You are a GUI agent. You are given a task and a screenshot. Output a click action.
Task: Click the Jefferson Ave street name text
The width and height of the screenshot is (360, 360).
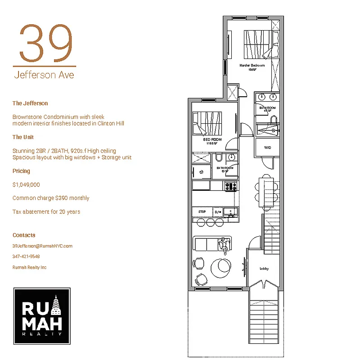click(x=44, y=74)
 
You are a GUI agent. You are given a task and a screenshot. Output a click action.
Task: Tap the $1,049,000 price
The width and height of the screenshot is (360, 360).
click(x=27, y=184)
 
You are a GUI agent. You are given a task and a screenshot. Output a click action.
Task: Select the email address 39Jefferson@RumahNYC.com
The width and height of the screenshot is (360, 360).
click(x=42, y=246)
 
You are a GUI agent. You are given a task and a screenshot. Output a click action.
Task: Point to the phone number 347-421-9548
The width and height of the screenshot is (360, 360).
click(x=26, y=256)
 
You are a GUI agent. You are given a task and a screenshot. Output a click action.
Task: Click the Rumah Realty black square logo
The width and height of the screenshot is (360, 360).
click(x=42, y=316)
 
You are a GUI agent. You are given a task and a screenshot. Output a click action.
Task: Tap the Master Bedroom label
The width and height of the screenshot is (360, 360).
click(x=252, y=66)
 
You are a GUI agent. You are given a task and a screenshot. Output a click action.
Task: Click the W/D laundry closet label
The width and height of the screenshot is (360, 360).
click(x=267, y=148)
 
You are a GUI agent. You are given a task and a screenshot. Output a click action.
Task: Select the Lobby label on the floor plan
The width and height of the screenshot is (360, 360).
click(x=264, y=269)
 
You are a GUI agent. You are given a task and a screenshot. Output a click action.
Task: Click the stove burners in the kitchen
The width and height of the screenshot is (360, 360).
click(x=231, y=185)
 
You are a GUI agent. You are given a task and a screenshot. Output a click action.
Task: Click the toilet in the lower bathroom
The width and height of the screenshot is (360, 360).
click(x=218, y=158)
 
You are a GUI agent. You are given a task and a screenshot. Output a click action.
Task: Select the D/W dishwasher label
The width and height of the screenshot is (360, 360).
click(x=218, y=211)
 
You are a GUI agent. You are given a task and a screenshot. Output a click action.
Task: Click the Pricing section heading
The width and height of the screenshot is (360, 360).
click(x=21, y=171)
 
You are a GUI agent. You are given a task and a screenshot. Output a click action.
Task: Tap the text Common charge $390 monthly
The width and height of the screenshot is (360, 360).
click(x=51, y=198)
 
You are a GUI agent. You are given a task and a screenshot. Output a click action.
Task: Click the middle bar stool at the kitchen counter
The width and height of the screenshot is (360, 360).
click(x=210, y=223)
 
